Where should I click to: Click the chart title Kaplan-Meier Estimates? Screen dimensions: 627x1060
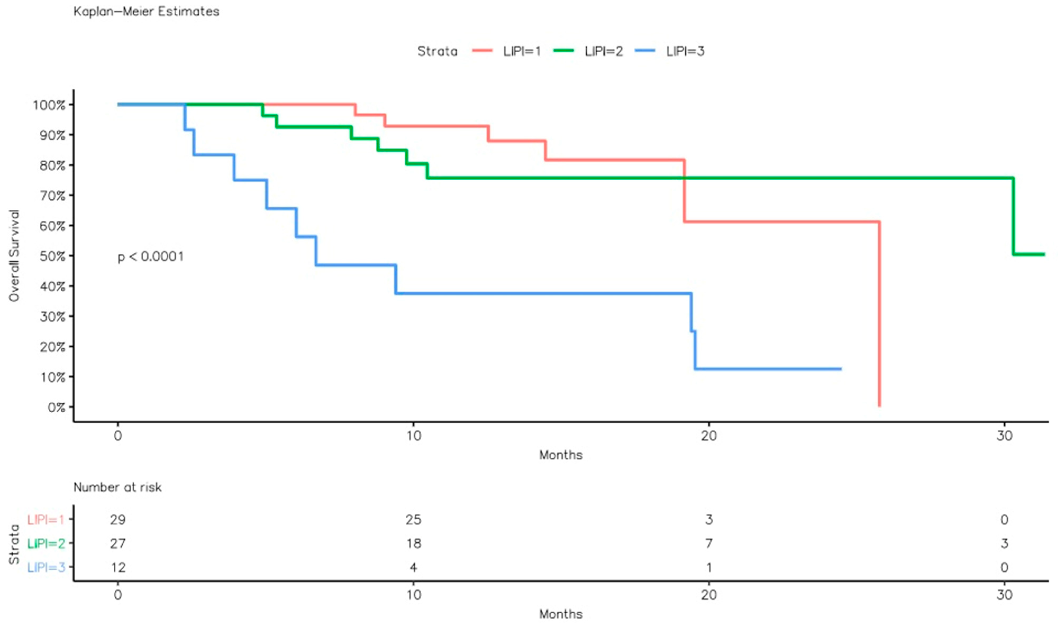tap(146, 11)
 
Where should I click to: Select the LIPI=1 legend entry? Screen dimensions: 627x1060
tap(521, 51)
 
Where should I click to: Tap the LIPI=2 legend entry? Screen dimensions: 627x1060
tap(603, 51)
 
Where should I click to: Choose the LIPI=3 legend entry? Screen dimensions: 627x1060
tap(685, 51)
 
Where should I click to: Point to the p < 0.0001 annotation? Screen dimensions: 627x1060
tap(150, 257)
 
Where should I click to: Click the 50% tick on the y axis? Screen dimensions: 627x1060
tap(53, 256)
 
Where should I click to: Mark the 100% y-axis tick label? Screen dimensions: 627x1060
tap(49, 105)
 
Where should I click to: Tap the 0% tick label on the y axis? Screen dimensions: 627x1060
tap(56, 407)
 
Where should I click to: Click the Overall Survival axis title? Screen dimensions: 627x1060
tap(14, 256)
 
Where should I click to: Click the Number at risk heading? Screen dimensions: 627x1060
tap(117, 487)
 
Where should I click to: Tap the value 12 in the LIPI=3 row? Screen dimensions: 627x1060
tap(118, 567)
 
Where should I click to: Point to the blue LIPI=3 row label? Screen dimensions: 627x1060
tap(46, 567)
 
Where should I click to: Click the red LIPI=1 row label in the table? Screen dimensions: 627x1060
tap(46, 519)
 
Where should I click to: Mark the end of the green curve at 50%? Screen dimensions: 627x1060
tap(1044, 254)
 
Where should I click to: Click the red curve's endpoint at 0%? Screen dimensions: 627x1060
tap(880, 406)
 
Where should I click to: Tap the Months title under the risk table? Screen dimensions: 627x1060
tap(561, 614)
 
